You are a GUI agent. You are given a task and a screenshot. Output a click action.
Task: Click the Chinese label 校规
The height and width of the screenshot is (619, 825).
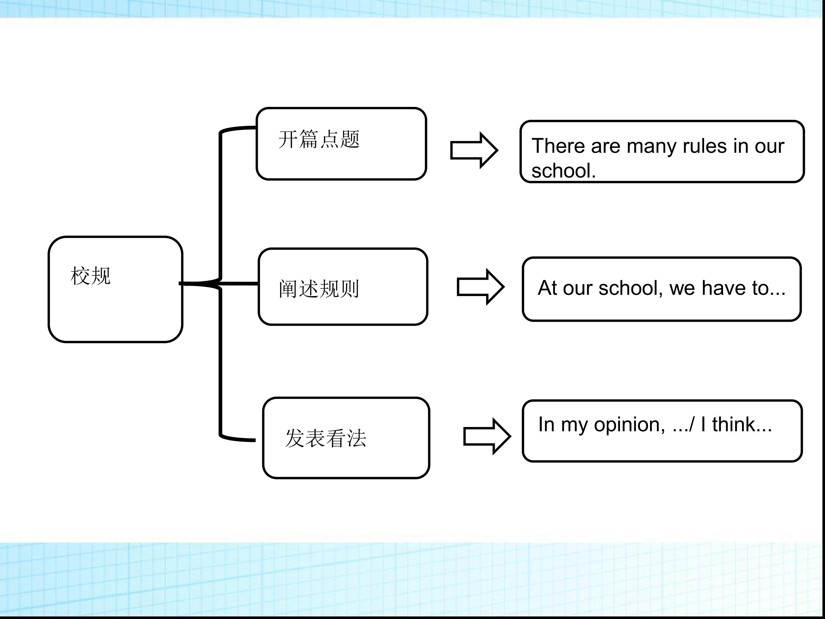point(91,276)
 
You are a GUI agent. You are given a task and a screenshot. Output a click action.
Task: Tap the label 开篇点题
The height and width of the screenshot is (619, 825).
point(319,139)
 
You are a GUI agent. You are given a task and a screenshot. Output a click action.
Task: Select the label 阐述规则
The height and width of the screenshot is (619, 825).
point(319,289)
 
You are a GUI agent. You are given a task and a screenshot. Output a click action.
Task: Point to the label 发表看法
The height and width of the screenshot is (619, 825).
point(326,438)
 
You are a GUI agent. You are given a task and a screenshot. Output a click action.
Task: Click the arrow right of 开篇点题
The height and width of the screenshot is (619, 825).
point(474,150)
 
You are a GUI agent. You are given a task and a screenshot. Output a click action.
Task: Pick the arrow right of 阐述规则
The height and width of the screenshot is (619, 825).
point(481,287)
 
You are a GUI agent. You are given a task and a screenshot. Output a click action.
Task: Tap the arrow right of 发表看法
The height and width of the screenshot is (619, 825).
point(487,436)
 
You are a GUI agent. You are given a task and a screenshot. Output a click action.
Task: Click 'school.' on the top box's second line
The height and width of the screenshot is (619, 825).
point(563,171)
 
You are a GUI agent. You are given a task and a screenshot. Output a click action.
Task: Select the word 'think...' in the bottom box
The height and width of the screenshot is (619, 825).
point(742,424)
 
